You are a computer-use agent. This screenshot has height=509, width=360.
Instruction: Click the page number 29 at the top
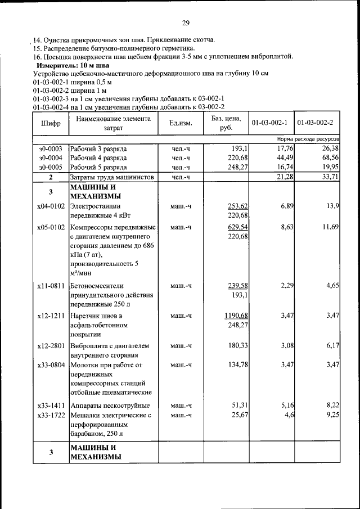tap(185, 23)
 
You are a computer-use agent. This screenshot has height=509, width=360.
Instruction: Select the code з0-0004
tap(50, 158)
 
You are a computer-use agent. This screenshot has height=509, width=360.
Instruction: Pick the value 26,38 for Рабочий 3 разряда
tap(329, 148)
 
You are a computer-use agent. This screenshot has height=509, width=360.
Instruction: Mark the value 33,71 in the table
tap(329, 177)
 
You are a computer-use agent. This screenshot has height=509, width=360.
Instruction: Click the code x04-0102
tap(51, 206)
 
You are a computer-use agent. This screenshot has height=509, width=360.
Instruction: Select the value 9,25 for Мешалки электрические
tap(331, 415)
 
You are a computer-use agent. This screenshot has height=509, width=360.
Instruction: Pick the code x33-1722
tap(51, 415)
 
